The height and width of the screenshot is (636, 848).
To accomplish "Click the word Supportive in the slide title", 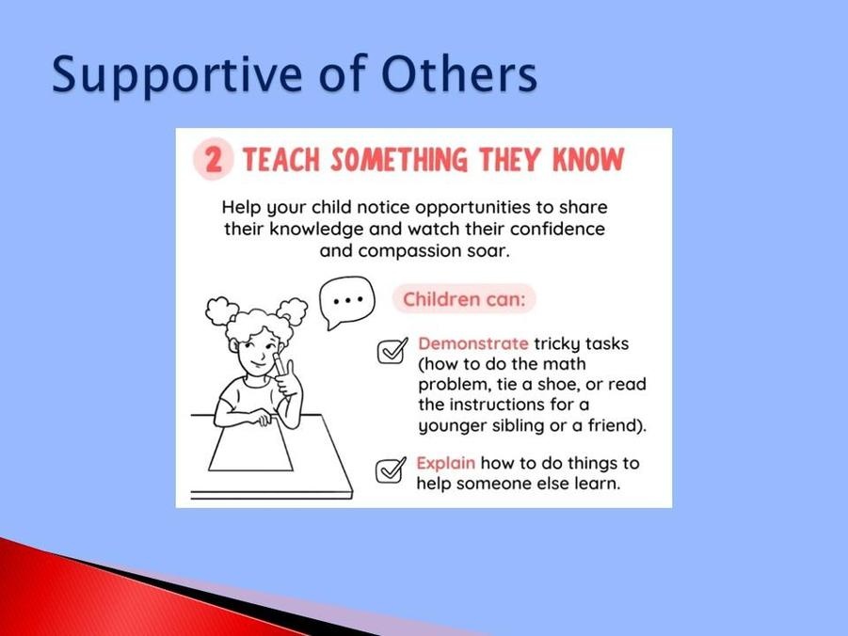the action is pos(177,74).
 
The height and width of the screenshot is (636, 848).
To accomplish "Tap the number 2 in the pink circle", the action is pos(214,160).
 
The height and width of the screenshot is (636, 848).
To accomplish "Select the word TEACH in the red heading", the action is pos(280,160).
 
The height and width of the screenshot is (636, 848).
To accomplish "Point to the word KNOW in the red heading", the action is pos(588,160).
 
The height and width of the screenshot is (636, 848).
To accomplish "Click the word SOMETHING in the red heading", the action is pos(399,160).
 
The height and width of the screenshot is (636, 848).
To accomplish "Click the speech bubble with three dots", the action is pos(346,302).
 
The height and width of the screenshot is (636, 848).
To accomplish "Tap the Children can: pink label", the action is pos(464,299).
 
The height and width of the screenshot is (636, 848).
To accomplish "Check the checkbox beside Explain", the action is pos(391,470).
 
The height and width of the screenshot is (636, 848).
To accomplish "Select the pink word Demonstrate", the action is pos(473,343).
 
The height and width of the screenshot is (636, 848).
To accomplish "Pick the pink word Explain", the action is pos(445,464).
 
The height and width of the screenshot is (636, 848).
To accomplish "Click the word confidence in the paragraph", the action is pos(557,229).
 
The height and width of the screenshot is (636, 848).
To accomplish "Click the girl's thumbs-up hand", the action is pos(288,378).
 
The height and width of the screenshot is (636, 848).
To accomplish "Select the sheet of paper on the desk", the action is pos(250,447).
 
